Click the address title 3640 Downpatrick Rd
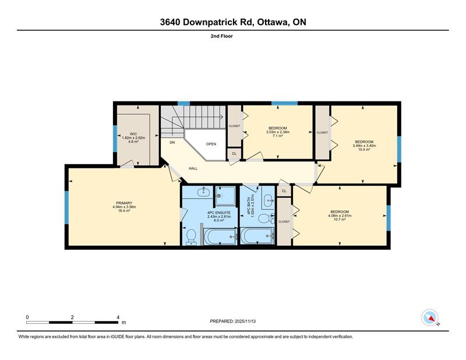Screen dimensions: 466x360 coord(207,22)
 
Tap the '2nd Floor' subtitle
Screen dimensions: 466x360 coord(222,36)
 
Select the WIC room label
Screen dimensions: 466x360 coord(133,134)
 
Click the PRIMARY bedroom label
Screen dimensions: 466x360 coord(124,203)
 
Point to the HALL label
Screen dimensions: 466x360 coord(193,168)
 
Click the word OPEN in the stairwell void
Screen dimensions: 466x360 coord(211,144)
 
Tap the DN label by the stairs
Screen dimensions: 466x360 coord(172,142)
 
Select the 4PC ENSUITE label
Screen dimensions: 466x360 coord(219,213)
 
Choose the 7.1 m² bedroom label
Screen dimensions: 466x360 coord(278,132)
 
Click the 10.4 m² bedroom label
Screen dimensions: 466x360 coord(364,146)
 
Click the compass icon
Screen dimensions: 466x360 coord(430,317)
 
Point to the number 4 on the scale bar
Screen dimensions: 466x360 coord(118,317)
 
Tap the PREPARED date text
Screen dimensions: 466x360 coord(232,322)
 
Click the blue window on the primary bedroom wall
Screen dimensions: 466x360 coord(66,207)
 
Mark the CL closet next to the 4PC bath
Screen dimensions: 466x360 coord(284,191)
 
